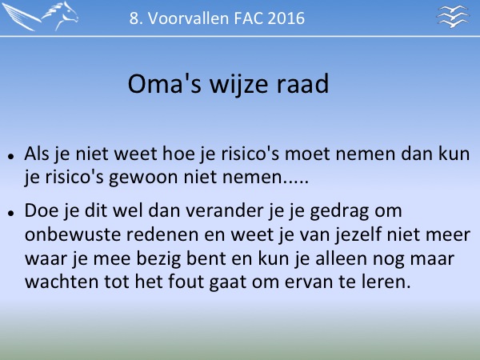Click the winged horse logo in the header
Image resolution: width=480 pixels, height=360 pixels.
pos(41,16)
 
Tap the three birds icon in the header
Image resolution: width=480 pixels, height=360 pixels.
pos(453,16)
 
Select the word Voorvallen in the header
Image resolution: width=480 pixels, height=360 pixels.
pos(189,18)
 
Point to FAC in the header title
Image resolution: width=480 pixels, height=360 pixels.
pos(248,18)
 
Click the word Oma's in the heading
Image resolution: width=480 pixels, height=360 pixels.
pos(164,83)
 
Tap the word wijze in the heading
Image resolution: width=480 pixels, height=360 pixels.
pos(239,85)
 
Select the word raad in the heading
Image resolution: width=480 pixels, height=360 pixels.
pos(302,83)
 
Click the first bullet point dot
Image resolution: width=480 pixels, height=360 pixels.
pos(11,157)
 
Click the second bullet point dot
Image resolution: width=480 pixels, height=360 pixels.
pos(11,213)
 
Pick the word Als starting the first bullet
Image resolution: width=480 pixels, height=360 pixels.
pos(37,154)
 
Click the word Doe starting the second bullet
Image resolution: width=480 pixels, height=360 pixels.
pos(42,210)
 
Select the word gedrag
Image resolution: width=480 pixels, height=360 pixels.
pos(339,212)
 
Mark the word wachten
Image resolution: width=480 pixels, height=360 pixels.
pos(62,282)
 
